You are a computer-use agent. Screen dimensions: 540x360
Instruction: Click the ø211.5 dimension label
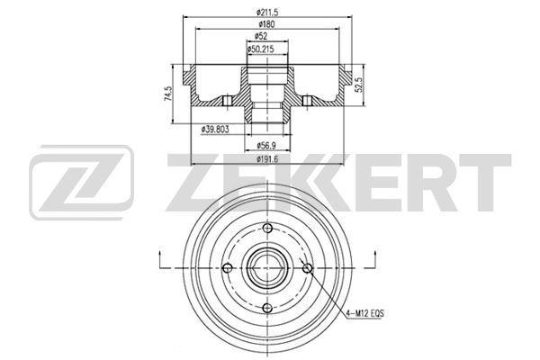(267, 13)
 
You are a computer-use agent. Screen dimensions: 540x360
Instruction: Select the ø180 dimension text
(267, 24)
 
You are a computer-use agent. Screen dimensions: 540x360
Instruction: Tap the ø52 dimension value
(261, 35)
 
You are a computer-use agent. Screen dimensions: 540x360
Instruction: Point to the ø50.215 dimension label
(260, 49)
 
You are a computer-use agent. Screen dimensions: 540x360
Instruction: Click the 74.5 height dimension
(167, 94)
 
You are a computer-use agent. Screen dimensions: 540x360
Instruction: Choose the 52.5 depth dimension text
(358, 85)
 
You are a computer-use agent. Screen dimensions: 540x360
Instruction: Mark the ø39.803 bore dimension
(215, 130)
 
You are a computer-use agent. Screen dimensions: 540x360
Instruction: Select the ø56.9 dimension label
(267, 146)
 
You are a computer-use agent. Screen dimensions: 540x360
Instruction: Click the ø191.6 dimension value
(267, 158)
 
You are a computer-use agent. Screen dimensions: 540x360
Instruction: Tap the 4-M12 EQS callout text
(364, 313)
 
